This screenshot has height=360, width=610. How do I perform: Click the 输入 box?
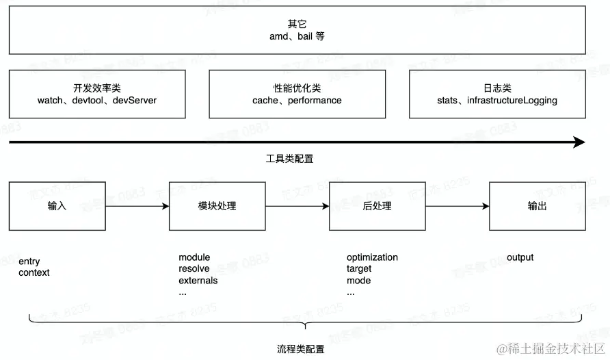tap(57, 206)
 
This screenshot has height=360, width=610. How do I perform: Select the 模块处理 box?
tap(217, 206)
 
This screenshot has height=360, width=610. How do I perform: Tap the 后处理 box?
tap(377, 206)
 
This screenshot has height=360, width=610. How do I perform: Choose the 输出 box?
tap(538, 206)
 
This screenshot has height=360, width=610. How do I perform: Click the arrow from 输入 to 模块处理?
tap(137, 206)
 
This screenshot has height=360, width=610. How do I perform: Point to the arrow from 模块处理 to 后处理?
tap(297, 206)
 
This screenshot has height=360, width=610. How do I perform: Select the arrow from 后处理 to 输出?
tap(457, 206)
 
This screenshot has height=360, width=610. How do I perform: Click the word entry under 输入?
tap(29, 261)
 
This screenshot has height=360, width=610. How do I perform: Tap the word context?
tap(34, 272)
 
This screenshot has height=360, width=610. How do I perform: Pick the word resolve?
tap(194, 269)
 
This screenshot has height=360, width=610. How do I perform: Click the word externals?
tap(198, 281)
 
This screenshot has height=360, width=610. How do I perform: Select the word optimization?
tap(372, 257)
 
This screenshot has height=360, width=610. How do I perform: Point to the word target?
tap(359, 269)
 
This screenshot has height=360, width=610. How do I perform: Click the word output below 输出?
tap(520, 257)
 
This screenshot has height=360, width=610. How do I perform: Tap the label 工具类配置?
tap(289, 158)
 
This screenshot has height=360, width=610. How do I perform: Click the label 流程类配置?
tap(302, 349)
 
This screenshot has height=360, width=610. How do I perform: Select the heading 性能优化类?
tap(297, 88)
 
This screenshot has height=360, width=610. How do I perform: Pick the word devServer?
tap(135, 101)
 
